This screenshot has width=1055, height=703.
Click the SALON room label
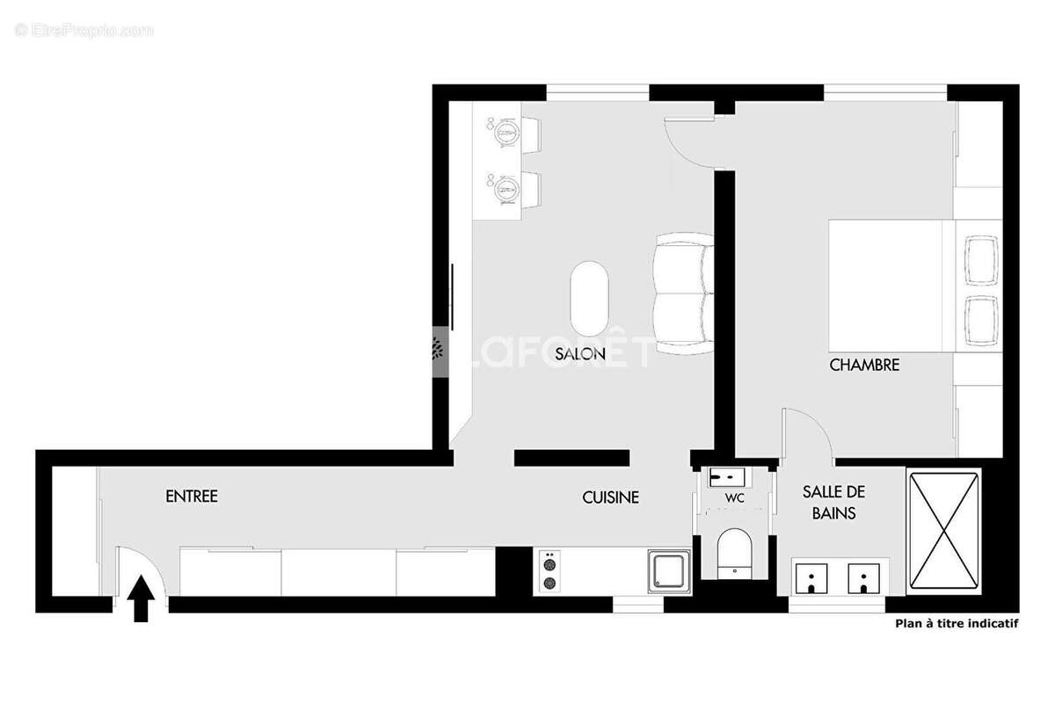[x=580, y=354]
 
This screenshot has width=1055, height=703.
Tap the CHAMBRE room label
[x=864, y=365]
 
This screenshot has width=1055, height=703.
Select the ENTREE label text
[x=192, y=496]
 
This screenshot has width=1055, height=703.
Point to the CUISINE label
[x=610, y=497]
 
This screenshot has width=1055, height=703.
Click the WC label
[x=735, y=498]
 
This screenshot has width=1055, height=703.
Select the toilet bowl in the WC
[x=734, y=551]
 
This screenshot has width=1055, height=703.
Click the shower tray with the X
[x=943, y=532]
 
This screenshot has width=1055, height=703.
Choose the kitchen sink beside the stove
[x=670, y=572]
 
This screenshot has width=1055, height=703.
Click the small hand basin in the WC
[x=728, y=477]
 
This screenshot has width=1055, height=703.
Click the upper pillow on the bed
[x=981, y=260]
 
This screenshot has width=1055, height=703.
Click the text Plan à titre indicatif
[x=956, y=624]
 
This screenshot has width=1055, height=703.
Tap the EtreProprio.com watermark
[x=84, y=30]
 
